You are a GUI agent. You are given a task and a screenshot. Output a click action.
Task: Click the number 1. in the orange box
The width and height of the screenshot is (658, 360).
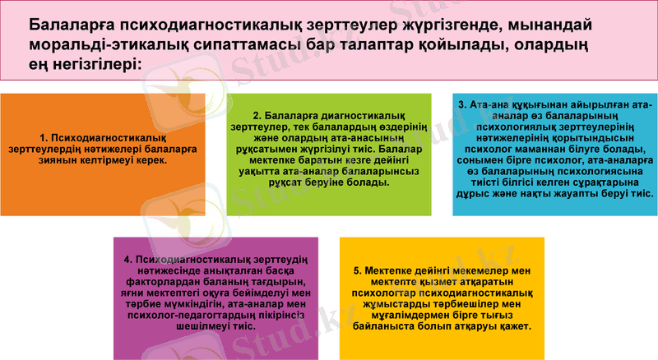pyautogui.click(x=44, y=137)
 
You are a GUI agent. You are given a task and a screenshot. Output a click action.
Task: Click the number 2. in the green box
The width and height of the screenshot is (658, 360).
pyautogui.click(x=257, y=116)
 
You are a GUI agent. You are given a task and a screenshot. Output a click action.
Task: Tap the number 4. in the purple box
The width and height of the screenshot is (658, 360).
pyautogui.click(x=128, y=260)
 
